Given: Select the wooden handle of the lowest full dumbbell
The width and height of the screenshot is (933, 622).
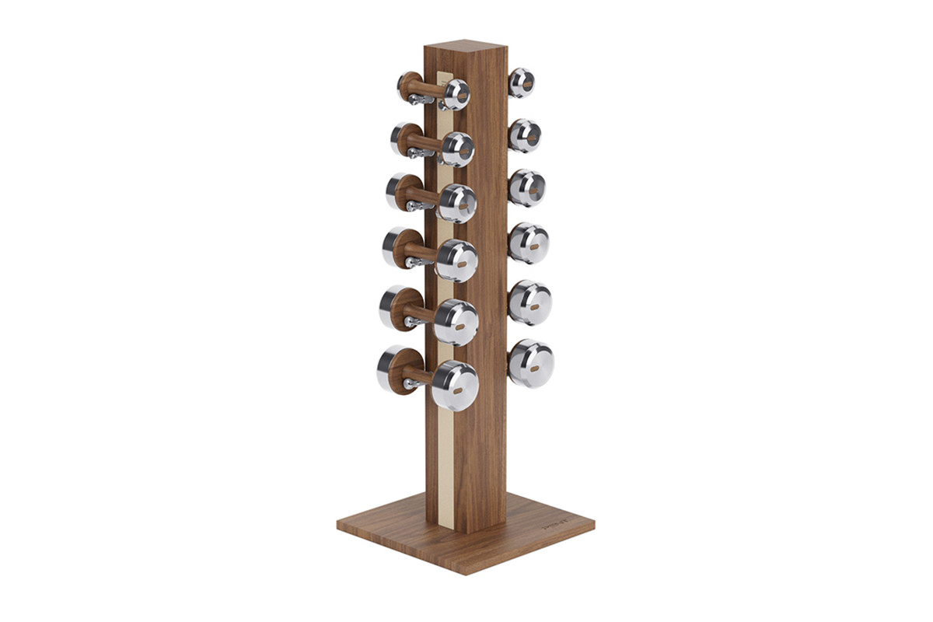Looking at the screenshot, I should (x=417, y=372).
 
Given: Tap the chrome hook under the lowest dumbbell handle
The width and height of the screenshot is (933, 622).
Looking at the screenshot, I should (x=410, y=383).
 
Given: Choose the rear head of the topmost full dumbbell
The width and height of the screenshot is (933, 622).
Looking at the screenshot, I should (x=409, y=86).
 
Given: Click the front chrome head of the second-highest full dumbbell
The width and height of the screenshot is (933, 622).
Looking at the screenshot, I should (x=458, y=149).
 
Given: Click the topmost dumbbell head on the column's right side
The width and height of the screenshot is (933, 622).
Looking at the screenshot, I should (x=521, y=83).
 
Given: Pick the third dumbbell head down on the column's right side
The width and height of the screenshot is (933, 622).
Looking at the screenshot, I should (x=526, y=187).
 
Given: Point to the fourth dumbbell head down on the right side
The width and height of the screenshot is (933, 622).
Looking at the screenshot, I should (x=529, y=243).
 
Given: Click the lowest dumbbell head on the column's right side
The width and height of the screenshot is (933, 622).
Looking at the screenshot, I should (x=531, y=363).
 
